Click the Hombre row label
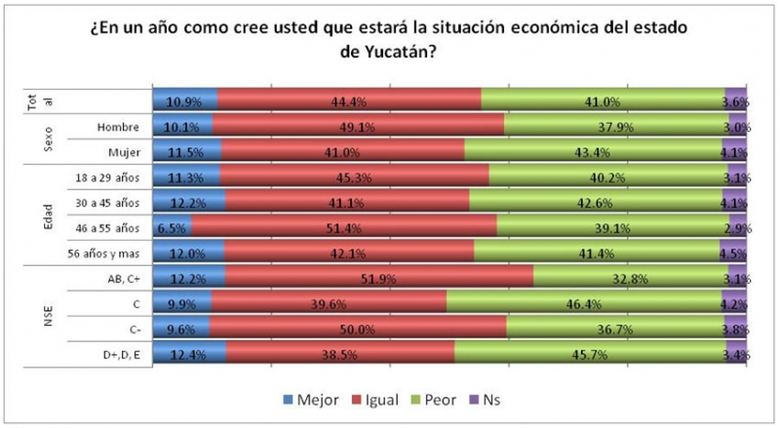coord(119,127)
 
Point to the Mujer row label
coord(123,152)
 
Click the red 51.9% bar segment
coord(379,279)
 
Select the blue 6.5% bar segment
coord(172,228)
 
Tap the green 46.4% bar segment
coord(584,304)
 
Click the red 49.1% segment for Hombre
coord(358,127)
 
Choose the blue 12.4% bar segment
coord(189,355)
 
